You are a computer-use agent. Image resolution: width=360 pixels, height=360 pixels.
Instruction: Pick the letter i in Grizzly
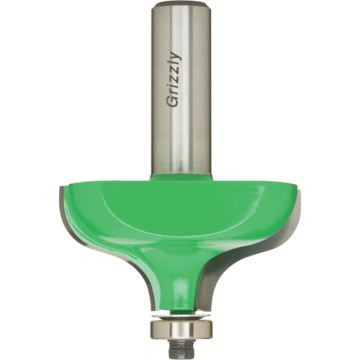click(174, 89)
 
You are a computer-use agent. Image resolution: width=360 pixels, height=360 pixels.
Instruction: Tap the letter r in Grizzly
click(174, 95)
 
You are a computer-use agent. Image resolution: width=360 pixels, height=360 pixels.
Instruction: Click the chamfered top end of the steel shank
click(180, 5)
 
